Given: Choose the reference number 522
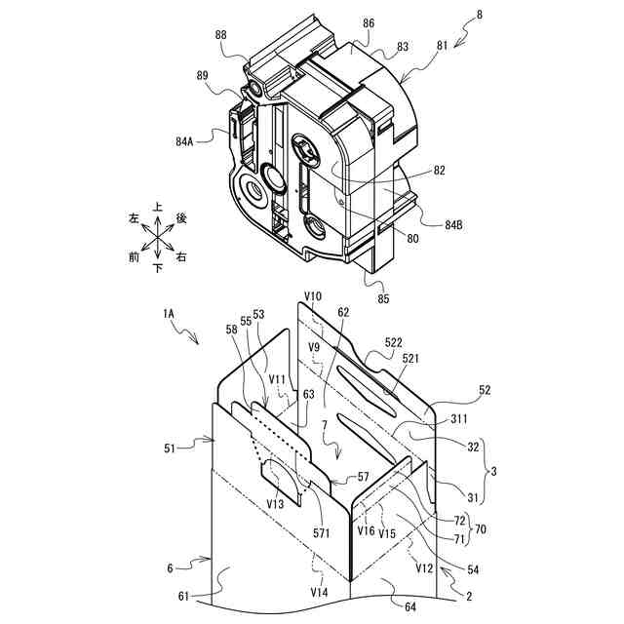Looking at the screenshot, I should tap(392, 343).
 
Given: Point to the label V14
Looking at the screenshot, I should tap(320, 591).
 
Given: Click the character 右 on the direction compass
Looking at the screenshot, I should tap(181, 258).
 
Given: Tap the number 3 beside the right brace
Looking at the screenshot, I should tap(494, 471).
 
